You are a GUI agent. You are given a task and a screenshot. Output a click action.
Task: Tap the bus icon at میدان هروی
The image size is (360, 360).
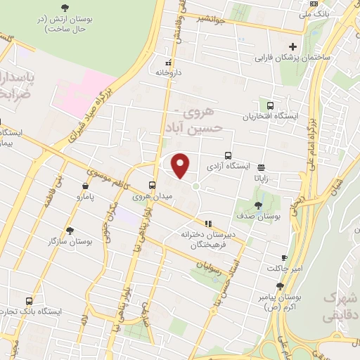coord(152,186)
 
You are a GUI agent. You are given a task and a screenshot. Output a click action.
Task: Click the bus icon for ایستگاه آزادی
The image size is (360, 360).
coord(228,155)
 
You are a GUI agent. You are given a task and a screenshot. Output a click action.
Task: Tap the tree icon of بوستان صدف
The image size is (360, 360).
coord(259,205)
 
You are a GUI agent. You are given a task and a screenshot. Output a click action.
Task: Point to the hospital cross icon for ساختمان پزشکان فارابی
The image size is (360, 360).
coord(293,46)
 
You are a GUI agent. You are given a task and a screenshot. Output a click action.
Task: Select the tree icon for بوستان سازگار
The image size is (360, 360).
coord(69,230)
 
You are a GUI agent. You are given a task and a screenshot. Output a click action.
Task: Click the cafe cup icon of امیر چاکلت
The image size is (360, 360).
coord(284,258)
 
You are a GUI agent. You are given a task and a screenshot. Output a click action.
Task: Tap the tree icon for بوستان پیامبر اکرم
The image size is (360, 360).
coord(280,286)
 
